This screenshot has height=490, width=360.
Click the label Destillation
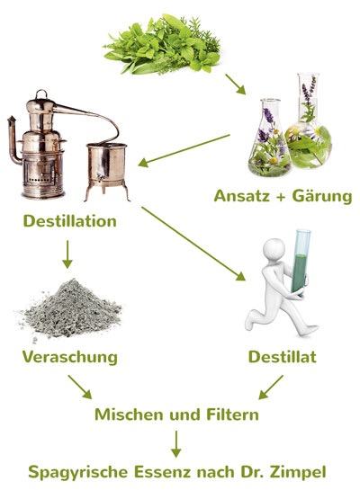(69, 221)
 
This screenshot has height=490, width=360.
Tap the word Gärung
(322, 197)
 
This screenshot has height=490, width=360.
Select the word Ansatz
(242, 196)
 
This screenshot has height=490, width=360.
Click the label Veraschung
(69, 357)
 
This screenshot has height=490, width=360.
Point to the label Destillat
(282, 357)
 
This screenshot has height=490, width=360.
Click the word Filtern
(232, 414)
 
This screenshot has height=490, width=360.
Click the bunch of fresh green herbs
(163, 44)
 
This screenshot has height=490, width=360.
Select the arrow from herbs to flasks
(235, 84)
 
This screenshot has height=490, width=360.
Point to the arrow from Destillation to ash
(67, 254)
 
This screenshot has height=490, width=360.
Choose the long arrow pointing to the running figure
(193, 244)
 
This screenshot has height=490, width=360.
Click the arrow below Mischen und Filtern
(176, 444)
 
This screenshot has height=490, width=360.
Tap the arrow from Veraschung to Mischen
(80, 387)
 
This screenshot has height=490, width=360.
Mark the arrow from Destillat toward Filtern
(271, 388)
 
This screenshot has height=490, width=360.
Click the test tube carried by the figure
(301, 263)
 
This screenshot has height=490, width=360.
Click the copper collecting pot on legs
(107, 170)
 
